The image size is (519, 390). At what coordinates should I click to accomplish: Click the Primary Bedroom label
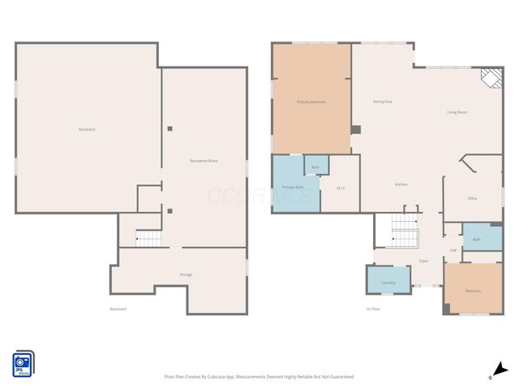[x=311, y=102]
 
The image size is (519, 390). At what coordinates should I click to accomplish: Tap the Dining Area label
[x=383, y=102]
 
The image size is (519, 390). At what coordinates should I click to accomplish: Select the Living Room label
[x=457, y=112]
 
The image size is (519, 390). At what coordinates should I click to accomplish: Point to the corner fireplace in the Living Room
[x=489, y=77]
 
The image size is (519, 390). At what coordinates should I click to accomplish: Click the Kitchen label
[x=401, y=184]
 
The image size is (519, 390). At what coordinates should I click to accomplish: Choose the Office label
[x=472, y=198]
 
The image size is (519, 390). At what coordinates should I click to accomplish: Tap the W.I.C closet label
[x=341, y=188]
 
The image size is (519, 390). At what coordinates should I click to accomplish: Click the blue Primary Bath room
[x=293, y=188]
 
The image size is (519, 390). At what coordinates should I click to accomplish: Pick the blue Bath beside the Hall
[x=477, y=239]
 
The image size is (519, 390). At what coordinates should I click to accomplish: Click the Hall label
[x=453, y=250]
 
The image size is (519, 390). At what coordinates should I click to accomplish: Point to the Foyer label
[x=423, y=261]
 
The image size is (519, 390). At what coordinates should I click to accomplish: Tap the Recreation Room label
[x=204, y=161]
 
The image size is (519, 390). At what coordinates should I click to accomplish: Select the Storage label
[x=186, y=275]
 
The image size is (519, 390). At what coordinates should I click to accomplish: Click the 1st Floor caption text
[x=373, y=309]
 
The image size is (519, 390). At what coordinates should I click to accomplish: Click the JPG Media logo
[x=23, y=363]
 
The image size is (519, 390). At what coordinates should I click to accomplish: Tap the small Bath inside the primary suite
[x=315, y=167]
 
